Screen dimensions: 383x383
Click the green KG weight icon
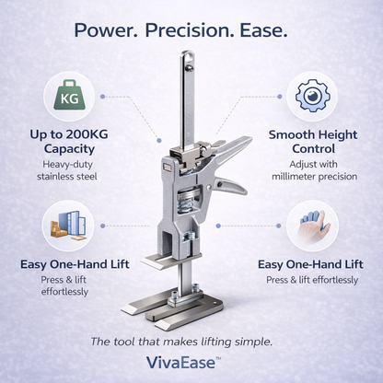coord(68,96)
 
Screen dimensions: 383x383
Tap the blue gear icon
coord(313,96)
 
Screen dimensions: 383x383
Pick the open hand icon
coord(313,226)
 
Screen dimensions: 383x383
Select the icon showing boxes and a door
coord(67,226)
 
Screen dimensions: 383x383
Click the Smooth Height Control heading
coord(313,141)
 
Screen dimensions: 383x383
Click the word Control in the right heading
coord(313,147)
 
